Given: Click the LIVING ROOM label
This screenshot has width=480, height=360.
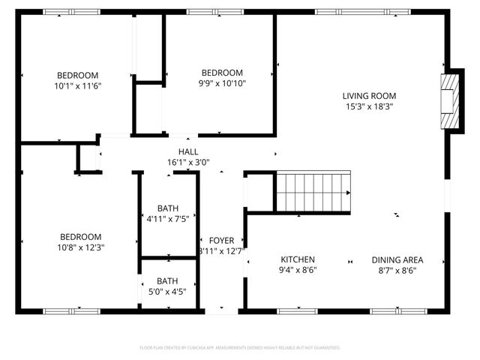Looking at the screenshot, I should tap(369, 95).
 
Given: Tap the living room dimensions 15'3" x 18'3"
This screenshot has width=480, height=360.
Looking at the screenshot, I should tap(369, 106).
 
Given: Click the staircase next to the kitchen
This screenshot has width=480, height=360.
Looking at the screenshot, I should tap(313, 191).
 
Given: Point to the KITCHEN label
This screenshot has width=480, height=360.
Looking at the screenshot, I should tap(298, 259).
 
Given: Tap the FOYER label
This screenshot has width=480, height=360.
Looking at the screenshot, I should tap(221, 240).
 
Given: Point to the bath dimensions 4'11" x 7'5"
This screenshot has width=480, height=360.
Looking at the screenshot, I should tap(168, 219).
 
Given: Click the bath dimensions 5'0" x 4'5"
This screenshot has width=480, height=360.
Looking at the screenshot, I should tap(168, 292).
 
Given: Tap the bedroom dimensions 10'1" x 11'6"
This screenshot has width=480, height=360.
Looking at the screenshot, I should tap(78, 85).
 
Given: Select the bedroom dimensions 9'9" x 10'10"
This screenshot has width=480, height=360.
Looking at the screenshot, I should tap(221, 83).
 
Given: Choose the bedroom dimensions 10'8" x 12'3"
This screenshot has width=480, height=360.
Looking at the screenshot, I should tap(78, 246).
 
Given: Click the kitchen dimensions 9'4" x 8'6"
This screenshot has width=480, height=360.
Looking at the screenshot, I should tap(298, 270).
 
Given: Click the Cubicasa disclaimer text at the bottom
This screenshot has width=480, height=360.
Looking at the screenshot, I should tap(240, 348).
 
